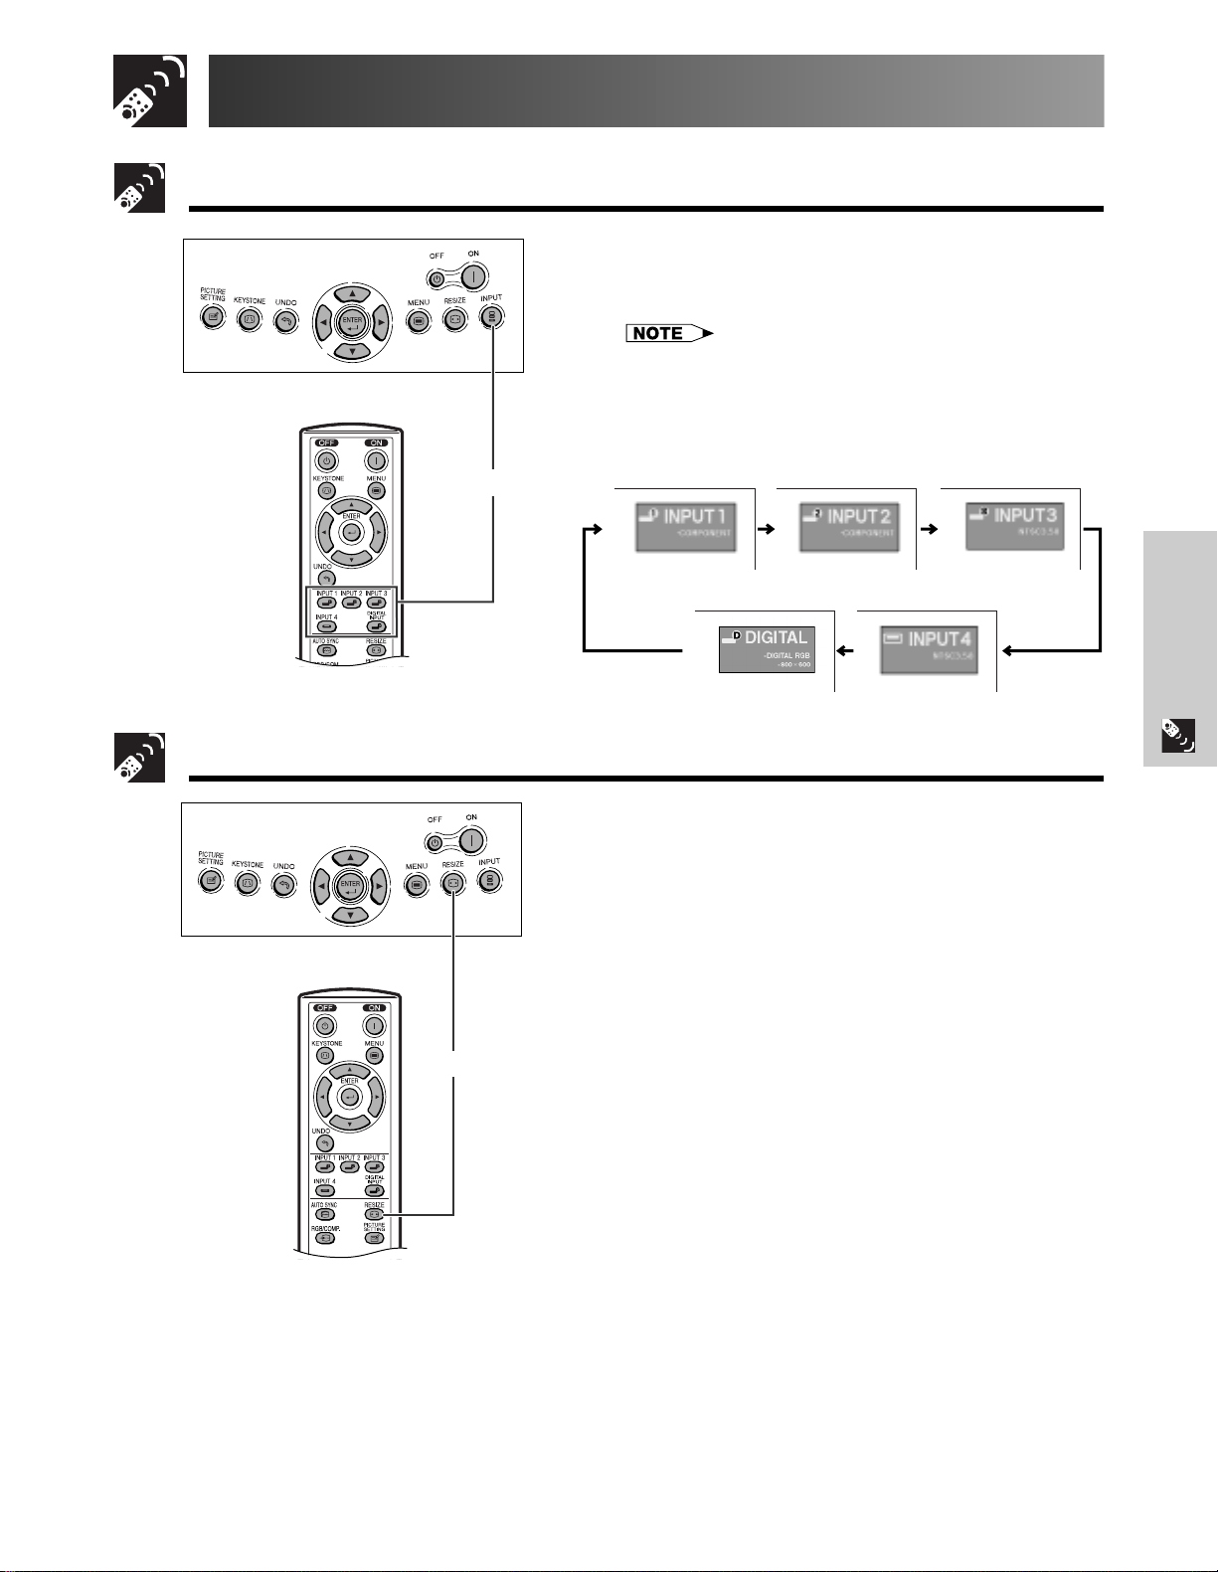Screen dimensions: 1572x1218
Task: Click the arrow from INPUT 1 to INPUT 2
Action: pyautogui.click(x=765, y=530)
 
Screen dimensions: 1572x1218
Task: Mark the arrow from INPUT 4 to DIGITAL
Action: pyautogui.click(x=845, y=651)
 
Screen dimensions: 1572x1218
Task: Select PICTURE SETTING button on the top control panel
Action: pyautogui.click(x=212, y=317)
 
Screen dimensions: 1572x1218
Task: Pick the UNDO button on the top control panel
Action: pyautogui.click(x=286, y=319)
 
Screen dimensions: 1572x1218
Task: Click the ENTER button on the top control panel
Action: pyautogui.click(x=351, y=321)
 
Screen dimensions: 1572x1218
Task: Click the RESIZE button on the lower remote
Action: pyautogui.click(x=375, y=1214)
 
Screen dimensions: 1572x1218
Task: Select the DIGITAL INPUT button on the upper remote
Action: pyautogui.click(x=375, y=628)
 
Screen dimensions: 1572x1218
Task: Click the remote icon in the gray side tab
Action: pyautogui.click(x=1178, y=735)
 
